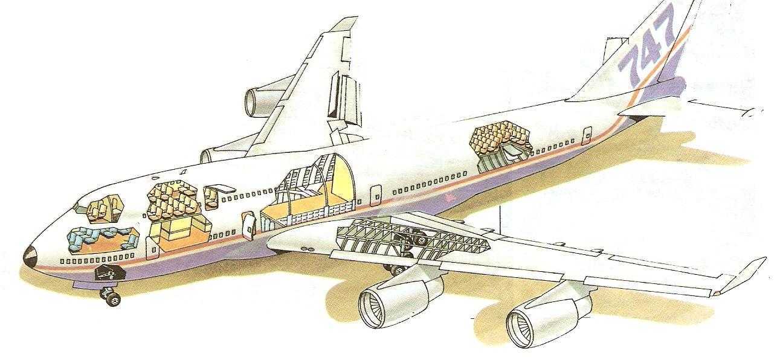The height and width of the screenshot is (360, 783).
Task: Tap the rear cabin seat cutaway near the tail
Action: coord(498,143)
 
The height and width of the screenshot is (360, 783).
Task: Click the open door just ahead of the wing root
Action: coord(248,225)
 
